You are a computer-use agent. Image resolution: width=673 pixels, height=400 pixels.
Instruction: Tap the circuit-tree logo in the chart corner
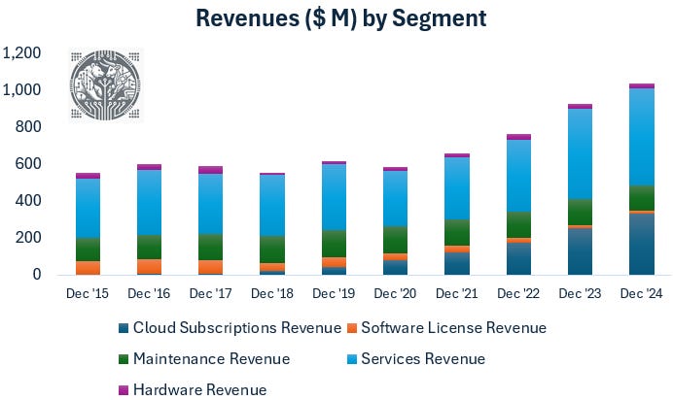pos(105,85)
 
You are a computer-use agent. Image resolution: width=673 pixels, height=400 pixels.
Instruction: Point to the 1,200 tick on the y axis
pos(23,52)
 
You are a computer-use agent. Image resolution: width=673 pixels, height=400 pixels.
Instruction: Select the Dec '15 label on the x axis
pos(88,293)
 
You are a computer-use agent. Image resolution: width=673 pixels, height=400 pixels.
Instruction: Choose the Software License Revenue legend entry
pos(452,328)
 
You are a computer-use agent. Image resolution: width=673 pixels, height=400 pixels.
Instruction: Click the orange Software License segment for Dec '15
pos(88,268)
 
